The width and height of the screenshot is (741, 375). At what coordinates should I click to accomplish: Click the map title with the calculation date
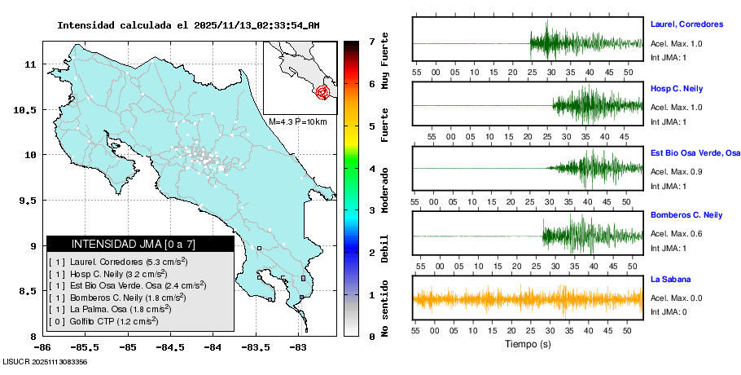(x=188, y=25)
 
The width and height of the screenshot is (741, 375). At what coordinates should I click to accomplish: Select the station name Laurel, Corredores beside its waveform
(x=687, y=24)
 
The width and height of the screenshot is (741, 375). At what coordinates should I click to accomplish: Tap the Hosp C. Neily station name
(x=676, y=87)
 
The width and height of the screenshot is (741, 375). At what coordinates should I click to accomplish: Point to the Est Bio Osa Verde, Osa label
(x=695, y=152)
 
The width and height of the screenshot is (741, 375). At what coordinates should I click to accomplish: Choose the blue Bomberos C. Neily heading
(x=686, y=214)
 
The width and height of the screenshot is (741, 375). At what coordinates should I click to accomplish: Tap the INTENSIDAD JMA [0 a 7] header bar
(x=140, y=244)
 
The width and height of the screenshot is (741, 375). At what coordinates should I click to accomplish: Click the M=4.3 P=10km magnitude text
(x=297, y=122)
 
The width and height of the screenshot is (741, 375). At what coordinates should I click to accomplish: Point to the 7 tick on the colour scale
(x=371, y=41)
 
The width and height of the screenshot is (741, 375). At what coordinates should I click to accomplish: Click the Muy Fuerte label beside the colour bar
(x=385, y=64)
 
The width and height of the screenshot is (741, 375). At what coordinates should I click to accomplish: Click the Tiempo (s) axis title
(x=528, y=344)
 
